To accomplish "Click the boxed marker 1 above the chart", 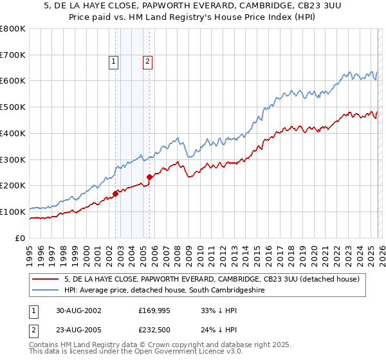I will click(113, 62).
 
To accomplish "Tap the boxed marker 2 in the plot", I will click(147, 62).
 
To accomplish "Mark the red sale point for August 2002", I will click(116, 193).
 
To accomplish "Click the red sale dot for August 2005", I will click(149, 177).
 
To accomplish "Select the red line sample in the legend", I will click(45, 279).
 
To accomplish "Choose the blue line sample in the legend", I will click(45, 291).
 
